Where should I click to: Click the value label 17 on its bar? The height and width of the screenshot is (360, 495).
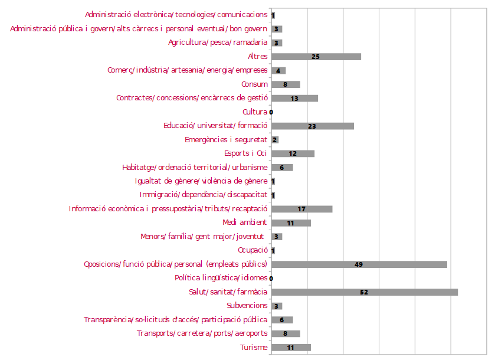(x=301, y=209)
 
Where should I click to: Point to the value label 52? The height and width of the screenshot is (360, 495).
(x=364, y=292)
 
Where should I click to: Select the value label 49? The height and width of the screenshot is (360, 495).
(x=359, y=264)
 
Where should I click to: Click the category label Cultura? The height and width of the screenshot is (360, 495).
(x=254, y=112)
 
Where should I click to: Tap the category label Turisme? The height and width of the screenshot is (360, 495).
(x=254, y=348)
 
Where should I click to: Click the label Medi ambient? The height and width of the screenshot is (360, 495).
(x=245, y=222)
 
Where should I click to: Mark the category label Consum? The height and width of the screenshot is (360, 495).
(x=254, y=84)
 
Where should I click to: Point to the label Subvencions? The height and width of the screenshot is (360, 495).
(x=247, y=306)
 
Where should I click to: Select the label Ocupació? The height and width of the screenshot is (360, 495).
(x=253, y=250)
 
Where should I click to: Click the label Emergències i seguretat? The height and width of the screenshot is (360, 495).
(x=226, y=140)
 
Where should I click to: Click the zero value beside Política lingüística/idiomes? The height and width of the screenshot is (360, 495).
(x=271, y=278)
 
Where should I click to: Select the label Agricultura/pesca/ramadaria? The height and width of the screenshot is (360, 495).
(x=218, y=42)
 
